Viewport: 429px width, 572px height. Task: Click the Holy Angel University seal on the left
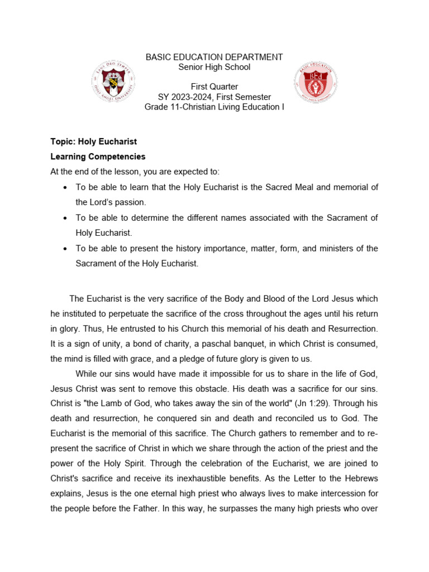coord(113,82)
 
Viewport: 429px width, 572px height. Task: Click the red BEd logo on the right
coord(315,82)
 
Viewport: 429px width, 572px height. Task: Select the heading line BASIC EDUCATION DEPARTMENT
coord(214,58)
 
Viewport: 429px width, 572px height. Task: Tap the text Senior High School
coord(214,67)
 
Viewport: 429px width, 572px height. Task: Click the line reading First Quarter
coord(214,87)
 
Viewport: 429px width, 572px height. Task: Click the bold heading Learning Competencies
coord(98,156)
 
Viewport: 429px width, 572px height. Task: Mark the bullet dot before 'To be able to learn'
coord(66,187)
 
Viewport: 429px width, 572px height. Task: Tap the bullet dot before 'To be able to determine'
coord(66,218)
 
